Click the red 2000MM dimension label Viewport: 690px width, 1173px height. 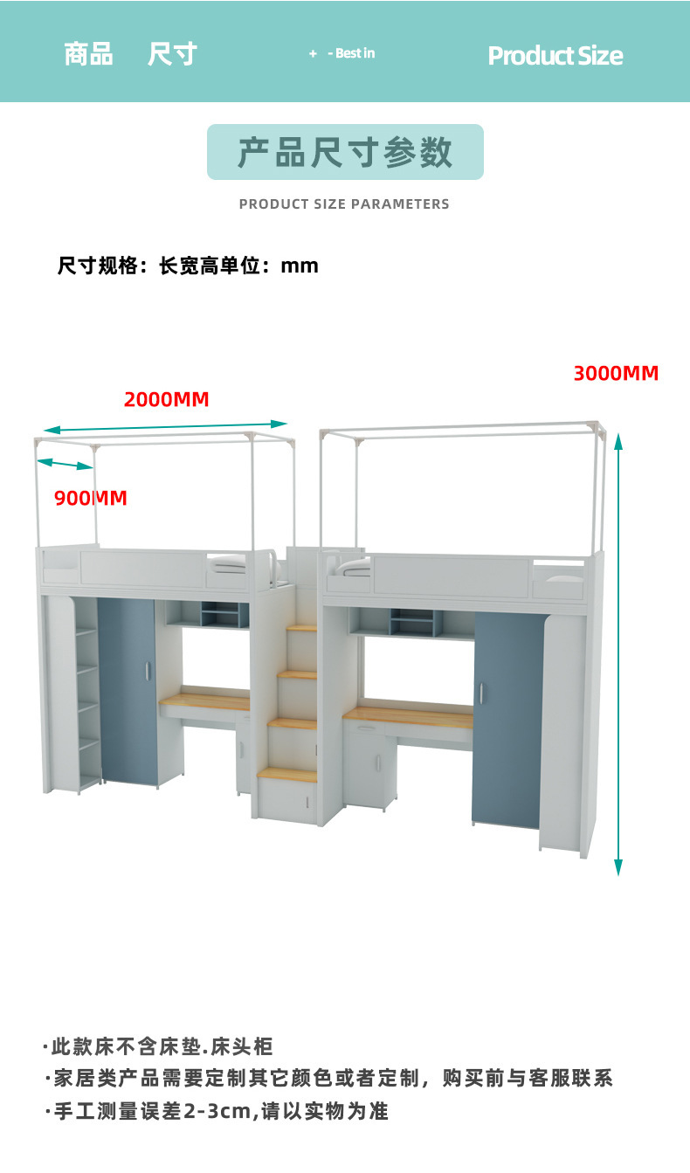click(166, 400)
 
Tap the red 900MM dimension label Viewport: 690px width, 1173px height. click(91, 499)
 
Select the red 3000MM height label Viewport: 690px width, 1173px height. click(616, 374)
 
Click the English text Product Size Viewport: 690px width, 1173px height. click(555, 56)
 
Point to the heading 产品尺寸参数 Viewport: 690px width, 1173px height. click(345, 152)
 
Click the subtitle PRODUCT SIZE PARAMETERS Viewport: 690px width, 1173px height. click(344, 204)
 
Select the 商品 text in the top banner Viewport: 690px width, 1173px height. click(88, 54)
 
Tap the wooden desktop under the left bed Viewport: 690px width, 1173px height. click(206, 700)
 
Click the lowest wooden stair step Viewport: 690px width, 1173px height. click(286, 774)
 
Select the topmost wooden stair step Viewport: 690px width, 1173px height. click(302, 627)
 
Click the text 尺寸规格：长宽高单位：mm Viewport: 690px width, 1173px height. click(188, 266)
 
